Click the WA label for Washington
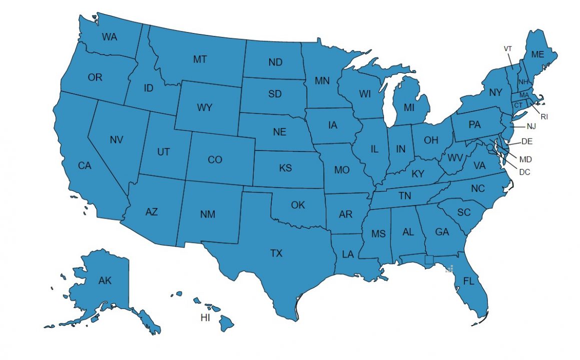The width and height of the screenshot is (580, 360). coord(110,36)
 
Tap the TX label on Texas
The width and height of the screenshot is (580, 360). coord(276,253)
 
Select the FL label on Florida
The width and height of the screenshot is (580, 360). coord(468,281)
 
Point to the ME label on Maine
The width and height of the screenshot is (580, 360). coord(537,54)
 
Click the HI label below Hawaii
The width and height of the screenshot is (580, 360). coord(205,317)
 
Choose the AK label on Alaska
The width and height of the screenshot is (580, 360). coord(105,281)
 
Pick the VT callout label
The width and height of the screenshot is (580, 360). coord(508,48)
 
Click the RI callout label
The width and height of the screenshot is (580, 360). coord(544,116)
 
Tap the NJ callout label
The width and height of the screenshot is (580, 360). coord(531,126)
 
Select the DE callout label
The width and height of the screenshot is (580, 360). coord(527,141)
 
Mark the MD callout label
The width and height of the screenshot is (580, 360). coord(525,159)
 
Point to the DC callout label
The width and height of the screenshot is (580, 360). coord(524,172)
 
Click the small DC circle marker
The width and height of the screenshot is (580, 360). coord(490,147)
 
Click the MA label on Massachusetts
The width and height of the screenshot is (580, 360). coord(524,95)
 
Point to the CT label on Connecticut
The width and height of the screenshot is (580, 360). coord(518,104)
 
